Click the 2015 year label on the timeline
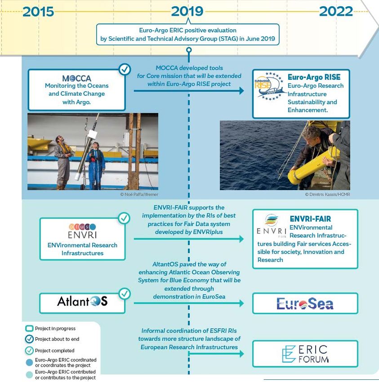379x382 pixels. point(38,11)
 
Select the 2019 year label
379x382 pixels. point(187,11)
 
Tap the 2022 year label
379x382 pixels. point(336,11)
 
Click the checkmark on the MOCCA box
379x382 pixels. point(124,69)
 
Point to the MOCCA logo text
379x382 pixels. point(76,78)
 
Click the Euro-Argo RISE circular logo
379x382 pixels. point(269,87)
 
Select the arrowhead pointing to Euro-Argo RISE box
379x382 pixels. point(241,91)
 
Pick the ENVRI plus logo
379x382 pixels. point(82,230)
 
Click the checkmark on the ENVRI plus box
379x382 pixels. point(124,218)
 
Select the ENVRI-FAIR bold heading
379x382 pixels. point(310,219)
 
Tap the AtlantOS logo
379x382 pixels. point(82,301)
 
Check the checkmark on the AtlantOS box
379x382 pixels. point(124,294)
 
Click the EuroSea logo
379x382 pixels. point(305,304)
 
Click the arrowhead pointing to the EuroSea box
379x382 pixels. point(241,303)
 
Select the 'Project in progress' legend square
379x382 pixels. point(29,329)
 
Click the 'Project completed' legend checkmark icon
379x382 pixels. point(29,351)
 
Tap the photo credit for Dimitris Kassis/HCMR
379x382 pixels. point(327,194)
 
